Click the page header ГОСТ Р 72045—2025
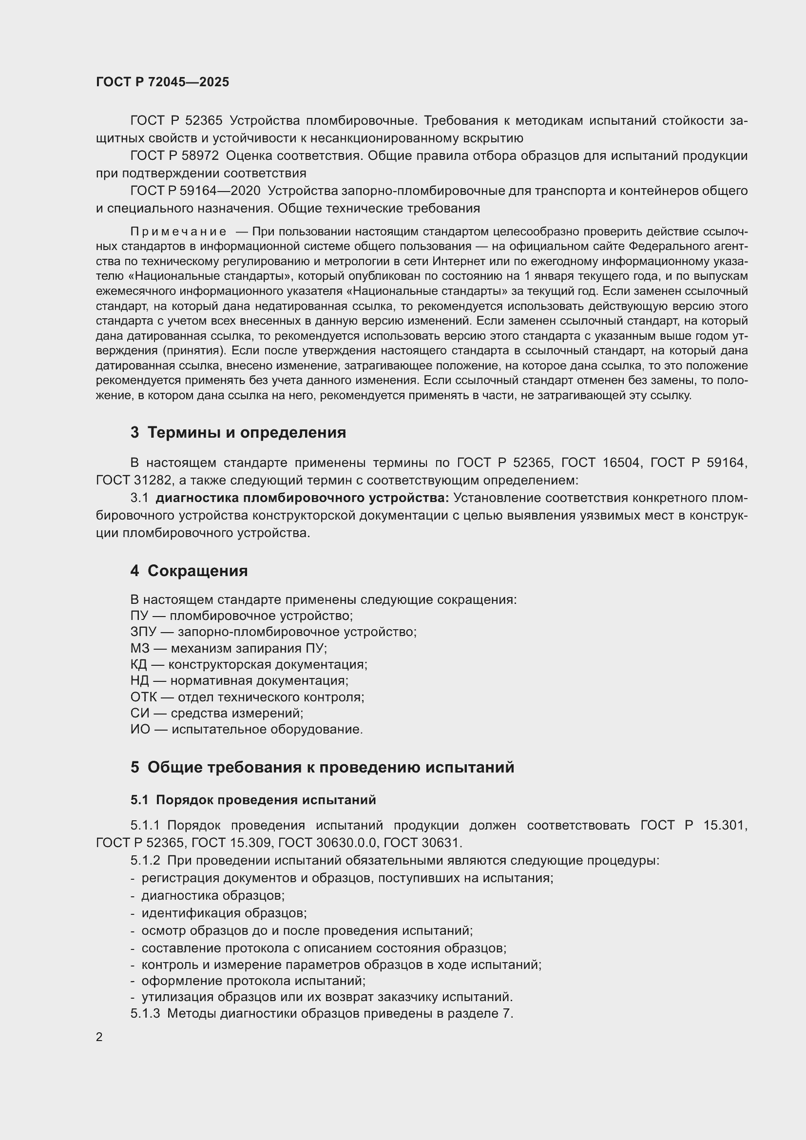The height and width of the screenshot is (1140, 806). click(162, 82)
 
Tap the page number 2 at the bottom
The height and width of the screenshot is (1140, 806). click(99, 1037)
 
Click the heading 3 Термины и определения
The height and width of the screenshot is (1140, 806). click(238, 432)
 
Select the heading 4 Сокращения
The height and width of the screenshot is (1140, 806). click(189, 571)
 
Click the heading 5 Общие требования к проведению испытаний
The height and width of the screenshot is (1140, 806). click(322, 767)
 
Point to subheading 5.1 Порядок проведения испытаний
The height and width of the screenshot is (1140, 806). click(253, 800)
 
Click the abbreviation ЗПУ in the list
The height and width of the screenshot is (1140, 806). click(143, 632)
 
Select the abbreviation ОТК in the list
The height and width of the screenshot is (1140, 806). click(143, 697)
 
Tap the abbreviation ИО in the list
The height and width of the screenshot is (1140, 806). click(139, 730)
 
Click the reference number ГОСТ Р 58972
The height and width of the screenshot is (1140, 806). click(174, 156)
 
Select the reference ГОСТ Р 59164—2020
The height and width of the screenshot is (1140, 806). click(195, 191)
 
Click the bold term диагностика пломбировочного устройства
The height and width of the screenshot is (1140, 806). click(302, 498)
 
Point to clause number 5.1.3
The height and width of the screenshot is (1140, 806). click(145, 1013)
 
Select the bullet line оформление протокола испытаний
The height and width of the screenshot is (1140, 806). click(253, 981)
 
